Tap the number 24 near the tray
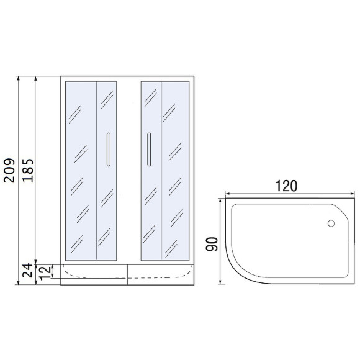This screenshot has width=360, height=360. coord(27,270)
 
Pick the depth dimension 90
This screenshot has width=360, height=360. coord(211,242)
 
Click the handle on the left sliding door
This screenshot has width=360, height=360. coord(109,150)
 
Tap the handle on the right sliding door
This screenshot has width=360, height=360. coord(148,150)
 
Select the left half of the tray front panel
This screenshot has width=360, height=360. coord(93,273)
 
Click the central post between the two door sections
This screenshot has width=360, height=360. coord(128,170)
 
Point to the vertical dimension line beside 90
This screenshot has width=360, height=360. coord(222,242)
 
